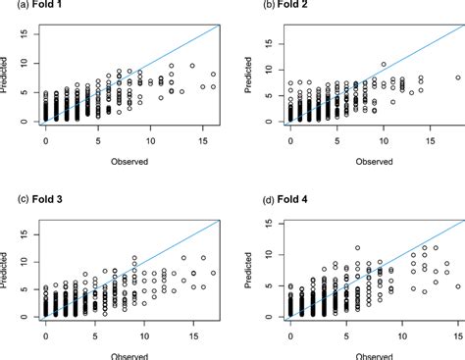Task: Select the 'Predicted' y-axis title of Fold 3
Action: click(x=8, y=270)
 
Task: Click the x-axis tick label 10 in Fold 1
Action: click(x=150, y=142)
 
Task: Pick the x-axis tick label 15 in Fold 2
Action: click(x=428, y=142)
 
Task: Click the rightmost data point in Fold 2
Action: click(x=457, y=77)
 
